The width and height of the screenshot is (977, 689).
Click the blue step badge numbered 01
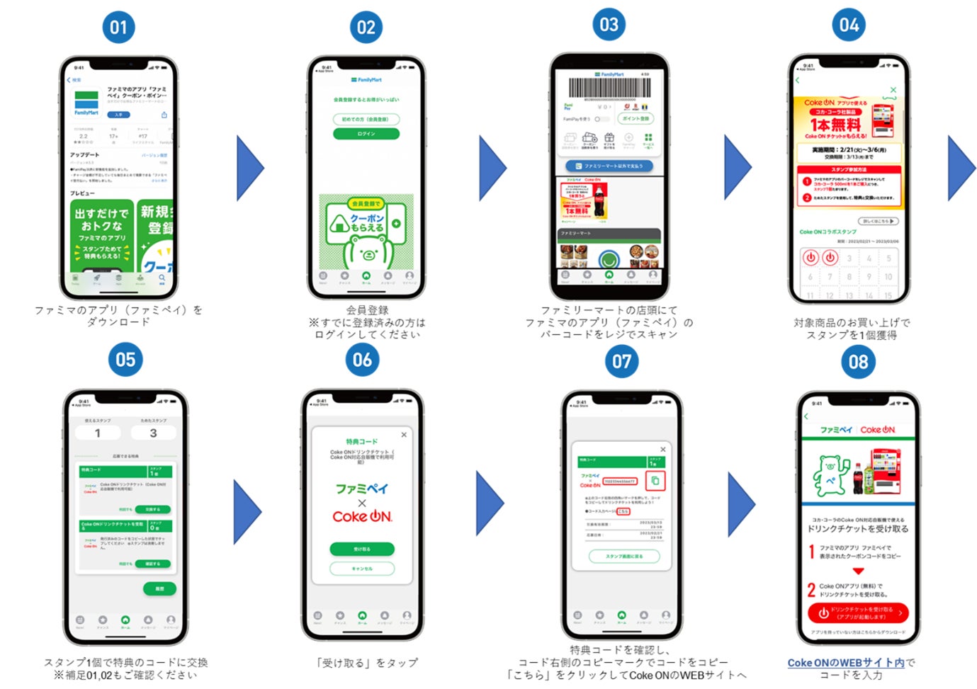pos(118,28)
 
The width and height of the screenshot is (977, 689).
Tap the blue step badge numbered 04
pos(849,25)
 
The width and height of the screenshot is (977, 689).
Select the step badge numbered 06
pos(362,360)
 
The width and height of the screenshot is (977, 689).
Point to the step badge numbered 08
pos(858,362)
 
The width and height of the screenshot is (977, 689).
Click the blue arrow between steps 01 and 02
pos(249,169)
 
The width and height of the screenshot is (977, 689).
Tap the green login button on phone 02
pos(366,134)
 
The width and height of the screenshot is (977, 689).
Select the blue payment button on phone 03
pos(609,166)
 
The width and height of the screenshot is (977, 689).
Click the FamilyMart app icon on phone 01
pos(86,103)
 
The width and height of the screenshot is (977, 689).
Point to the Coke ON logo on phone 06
pos(362,517)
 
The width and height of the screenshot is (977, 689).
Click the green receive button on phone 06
pos(362,549)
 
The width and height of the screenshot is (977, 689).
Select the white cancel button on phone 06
pos(362,568)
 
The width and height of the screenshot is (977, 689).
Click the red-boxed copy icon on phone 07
pos(655,481)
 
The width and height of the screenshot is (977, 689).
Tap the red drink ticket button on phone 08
pos(858,613)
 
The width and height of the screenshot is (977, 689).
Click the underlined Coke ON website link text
pos(846,663)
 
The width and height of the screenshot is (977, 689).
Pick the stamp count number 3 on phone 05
pos(153,433)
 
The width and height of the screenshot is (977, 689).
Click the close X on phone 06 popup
pos(404,435)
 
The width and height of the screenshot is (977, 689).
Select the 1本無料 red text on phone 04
pos(836,125)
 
